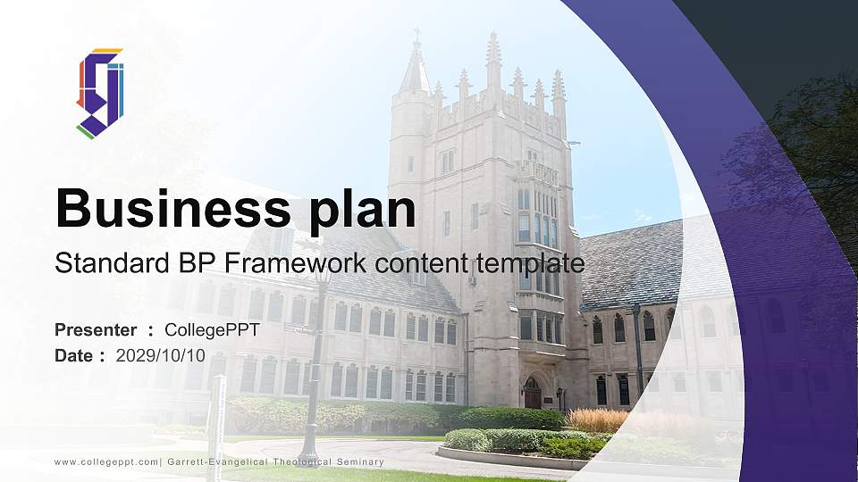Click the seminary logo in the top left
[99, 93]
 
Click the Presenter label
[96, 330]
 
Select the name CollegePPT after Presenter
[212, 330]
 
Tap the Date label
[74, 355]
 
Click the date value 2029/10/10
[161, 355]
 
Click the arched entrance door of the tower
[533, 394]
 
